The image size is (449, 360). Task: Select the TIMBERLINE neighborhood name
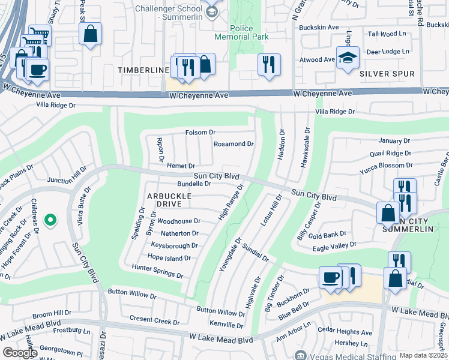[x=143, y=70]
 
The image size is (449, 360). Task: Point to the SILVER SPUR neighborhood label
[x=387, y=74]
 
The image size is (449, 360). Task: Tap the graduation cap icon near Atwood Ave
[x=348, y=58]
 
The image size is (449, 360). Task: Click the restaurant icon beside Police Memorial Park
[x=269, y=64]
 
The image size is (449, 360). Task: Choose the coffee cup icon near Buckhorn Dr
[x=331, y=278]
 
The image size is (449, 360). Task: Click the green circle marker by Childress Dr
[x=51, y=221]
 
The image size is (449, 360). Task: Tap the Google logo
[x=20, y=353]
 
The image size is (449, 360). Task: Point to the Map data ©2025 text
[x=423, y=355]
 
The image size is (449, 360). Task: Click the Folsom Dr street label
[x=200, y=132]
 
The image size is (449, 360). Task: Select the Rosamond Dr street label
[x=234, y=144]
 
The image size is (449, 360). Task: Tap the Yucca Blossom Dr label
[x=387, y=165]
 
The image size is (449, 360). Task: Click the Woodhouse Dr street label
[x=179, y=221]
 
